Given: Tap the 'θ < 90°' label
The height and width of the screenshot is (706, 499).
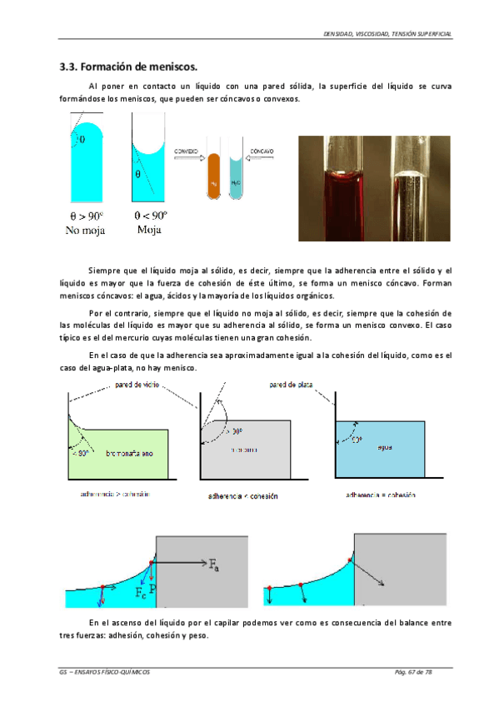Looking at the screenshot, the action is [x=150, y=214].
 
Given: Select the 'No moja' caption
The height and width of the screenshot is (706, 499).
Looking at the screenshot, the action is [x=85, y=230].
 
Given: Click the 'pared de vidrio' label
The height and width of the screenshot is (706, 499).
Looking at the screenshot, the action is [x=133, y=385].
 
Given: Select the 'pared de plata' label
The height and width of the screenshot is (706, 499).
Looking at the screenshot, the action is [x=291, y=385].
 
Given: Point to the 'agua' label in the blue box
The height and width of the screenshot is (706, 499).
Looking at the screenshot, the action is [x=384, y=447].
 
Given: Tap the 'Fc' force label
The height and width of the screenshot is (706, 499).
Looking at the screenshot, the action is [x=141, y=593].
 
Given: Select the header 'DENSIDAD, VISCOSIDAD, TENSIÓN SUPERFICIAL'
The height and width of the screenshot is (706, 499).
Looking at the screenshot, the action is [x=387, y=33].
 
